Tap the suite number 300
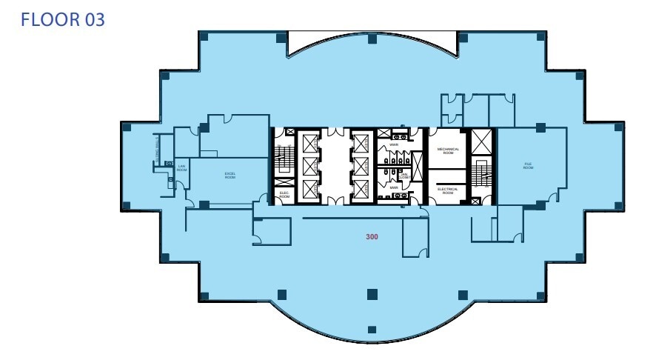pyautogui.click(x=372, y=237)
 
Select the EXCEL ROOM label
pyautogui.click(x=230, y=176)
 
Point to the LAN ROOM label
pyautogui.click(x=181, y=168)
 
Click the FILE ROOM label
pyautogui.click(x=528, y=167)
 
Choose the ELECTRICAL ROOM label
pyautogui.click(x=449, y=190)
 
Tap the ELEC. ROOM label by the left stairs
pyautogui.click(x=284, y=194)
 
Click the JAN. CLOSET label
pyautogui.click(x=404, y=176)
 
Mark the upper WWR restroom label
pyautogui.click(x=395, y=144)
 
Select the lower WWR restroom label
pyautogui.click(x=395, y=187)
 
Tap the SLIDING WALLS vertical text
pyautogui.click(x=158, y=150)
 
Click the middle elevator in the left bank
pyautogui.click(x=309, y=164)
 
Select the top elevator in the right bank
pyautogui.click(x=361, y=140)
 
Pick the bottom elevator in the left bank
pyautogui.click(x=309, y=189)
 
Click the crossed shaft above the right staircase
pyautogui.click(x=483, y=141)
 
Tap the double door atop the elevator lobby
pyautogui.click(x=335, y=133)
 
